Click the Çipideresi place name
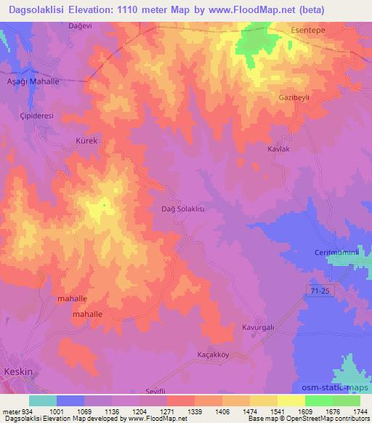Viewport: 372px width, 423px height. [37, 115]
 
